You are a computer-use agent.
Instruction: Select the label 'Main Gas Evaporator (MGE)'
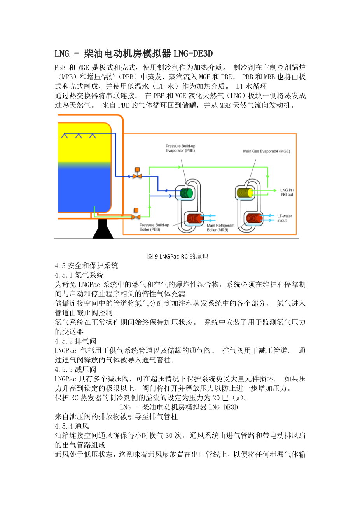tap(266, 151)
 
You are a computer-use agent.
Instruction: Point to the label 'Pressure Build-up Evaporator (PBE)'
tap(180, 148)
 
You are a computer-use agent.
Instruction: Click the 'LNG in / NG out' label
tap(287, 192)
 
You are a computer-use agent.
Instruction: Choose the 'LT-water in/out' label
tap(284, 218)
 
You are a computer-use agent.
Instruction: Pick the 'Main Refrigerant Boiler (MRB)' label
tap(220, 227)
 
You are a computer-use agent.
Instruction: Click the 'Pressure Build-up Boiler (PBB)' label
tap(154, 227)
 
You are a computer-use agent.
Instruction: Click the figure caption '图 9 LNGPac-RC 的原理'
tap(178, 256)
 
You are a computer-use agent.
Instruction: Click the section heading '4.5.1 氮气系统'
tap(79, 275)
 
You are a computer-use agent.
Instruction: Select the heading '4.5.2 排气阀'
tap(75, 341)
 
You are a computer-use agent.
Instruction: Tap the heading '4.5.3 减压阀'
tap(75, 369)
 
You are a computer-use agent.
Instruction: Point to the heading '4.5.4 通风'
tap(72, 426)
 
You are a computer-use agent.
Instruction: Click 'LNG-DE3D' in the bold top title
tap(193, 53)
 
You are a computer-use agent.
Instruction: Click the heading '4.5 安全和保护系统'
tap(86, 266)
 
